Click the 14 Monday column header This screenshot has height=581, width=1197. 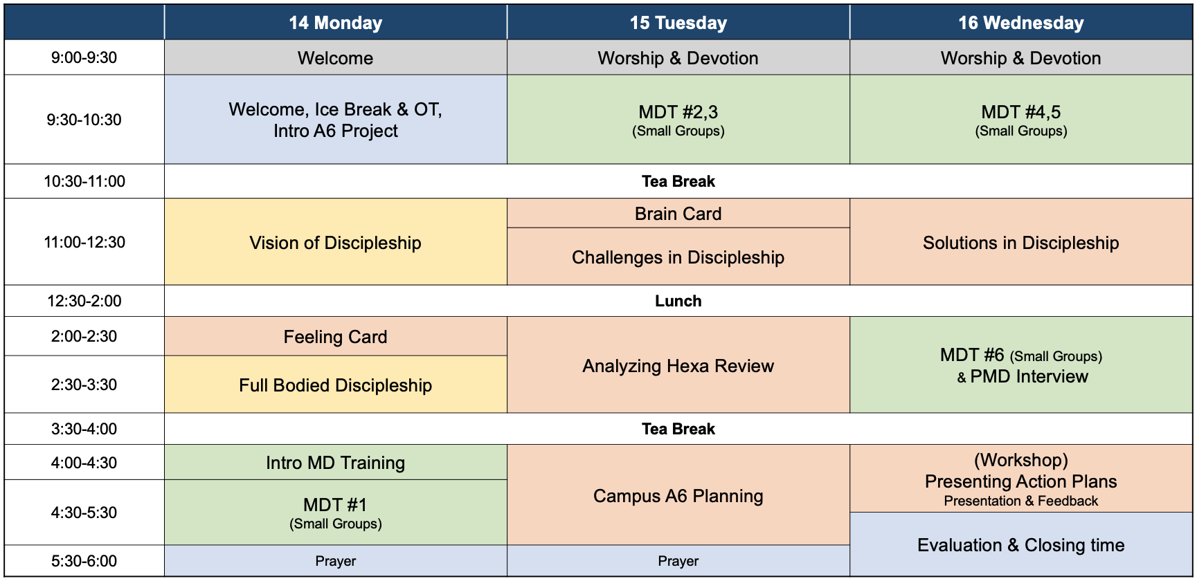(x=336, y=23)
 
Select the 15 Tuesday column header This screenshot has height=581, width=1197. (x=678, y=23)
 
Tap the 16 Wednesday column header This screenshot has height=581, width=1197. (x=1021, y=23)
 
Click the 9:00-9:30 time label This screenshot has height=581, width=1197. (x=84, y=57)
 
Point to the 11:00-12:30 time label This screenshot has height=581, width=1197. (x=84, y=242)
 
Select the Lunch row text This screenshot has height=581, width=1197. (x=678, y=301)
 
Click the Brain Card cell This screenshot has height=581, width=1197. (x=678, y=214)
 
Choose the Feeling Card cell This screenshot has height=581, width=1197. (x=336, y=337)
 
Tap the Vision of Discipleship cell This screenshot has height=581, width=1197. (x=336, y=242)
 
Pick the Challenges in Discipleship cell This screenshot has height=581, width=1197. (x=678, y=257)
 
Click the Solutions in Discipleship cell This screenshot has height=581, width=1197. (x=1021, y=242)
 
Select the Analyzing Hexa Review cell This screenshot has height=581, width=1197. (x=678, y=365)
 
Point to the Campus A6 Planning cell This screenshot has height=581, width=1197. (x=678, y=495)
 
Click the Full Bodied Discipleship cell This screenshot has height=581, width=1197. (x=336, y=385)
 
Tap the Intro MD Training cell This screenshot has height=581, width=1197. (x=336, y=463)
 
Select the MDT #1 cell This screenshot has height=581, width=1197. (x=336, y=513)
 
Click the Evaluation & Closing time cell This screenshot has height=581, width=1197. (x=1021, y=544)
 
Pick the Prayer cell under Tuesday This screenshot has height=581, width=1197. (x=678, y=561)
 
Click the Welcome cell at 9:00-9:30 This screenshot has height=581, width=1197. (x=336, y=57)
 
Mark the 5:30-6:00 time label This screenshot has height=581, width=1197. (x=84, y=561)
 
